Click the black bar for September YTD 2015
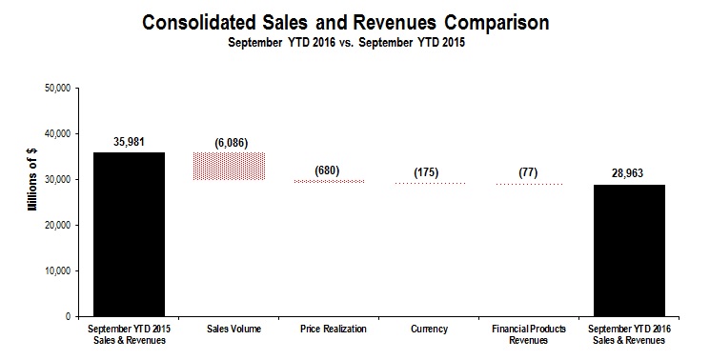129,234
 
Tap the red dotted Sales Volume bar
229,166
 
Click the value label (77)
528,172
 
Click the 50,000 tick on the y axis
59,88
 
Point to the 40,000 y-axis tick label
59,133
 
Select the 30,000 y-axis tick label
59,179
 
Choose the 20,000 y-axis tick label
59,225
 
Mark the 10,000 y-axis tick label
59,270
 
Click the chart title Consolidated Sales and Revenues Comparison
355,22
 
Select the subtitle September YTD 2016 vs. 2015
355,43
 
